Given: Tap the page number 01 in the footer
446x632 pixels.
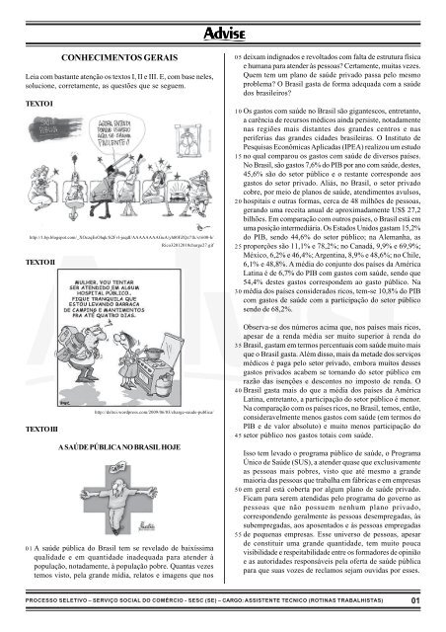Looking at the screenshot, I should [x=418, y=597].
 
